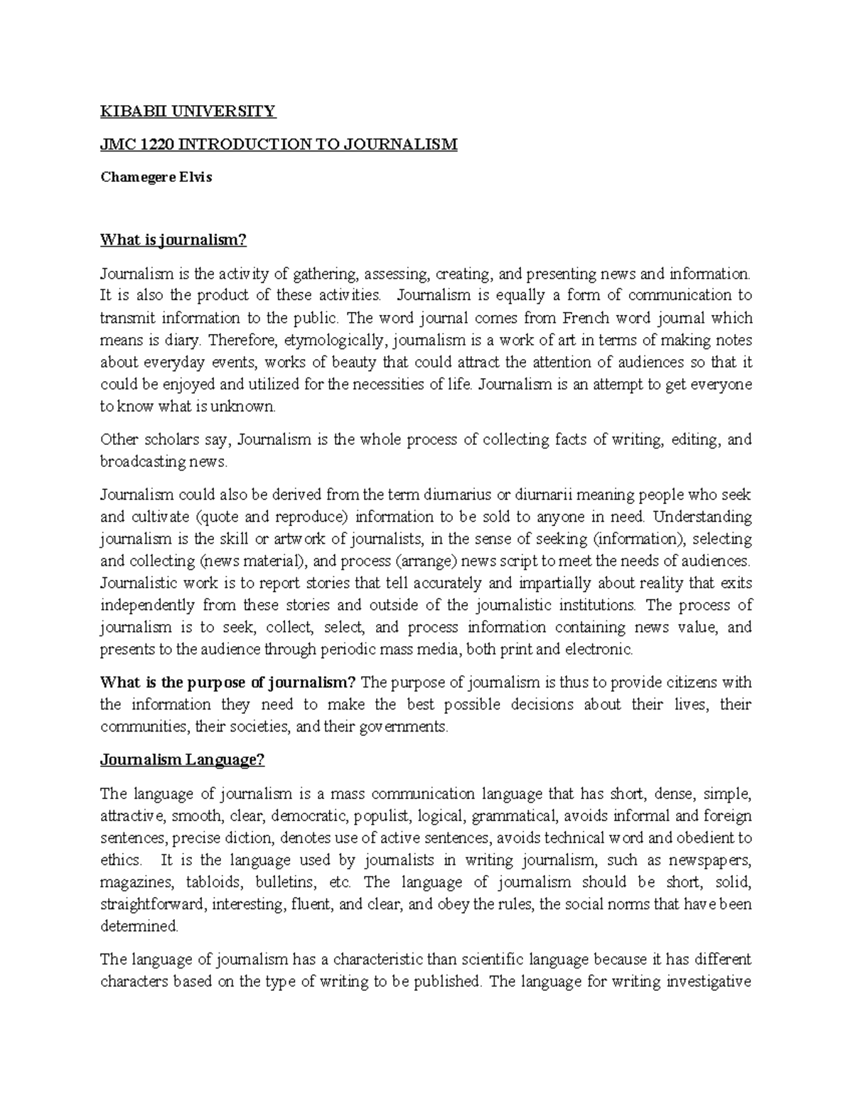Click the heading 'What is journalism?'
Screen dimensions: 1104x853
[173, 240]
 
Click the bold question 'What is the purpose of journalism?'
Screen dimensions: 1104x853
[227, 683]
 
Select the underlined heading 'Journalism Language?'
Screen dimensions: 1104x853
[182, 760]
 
